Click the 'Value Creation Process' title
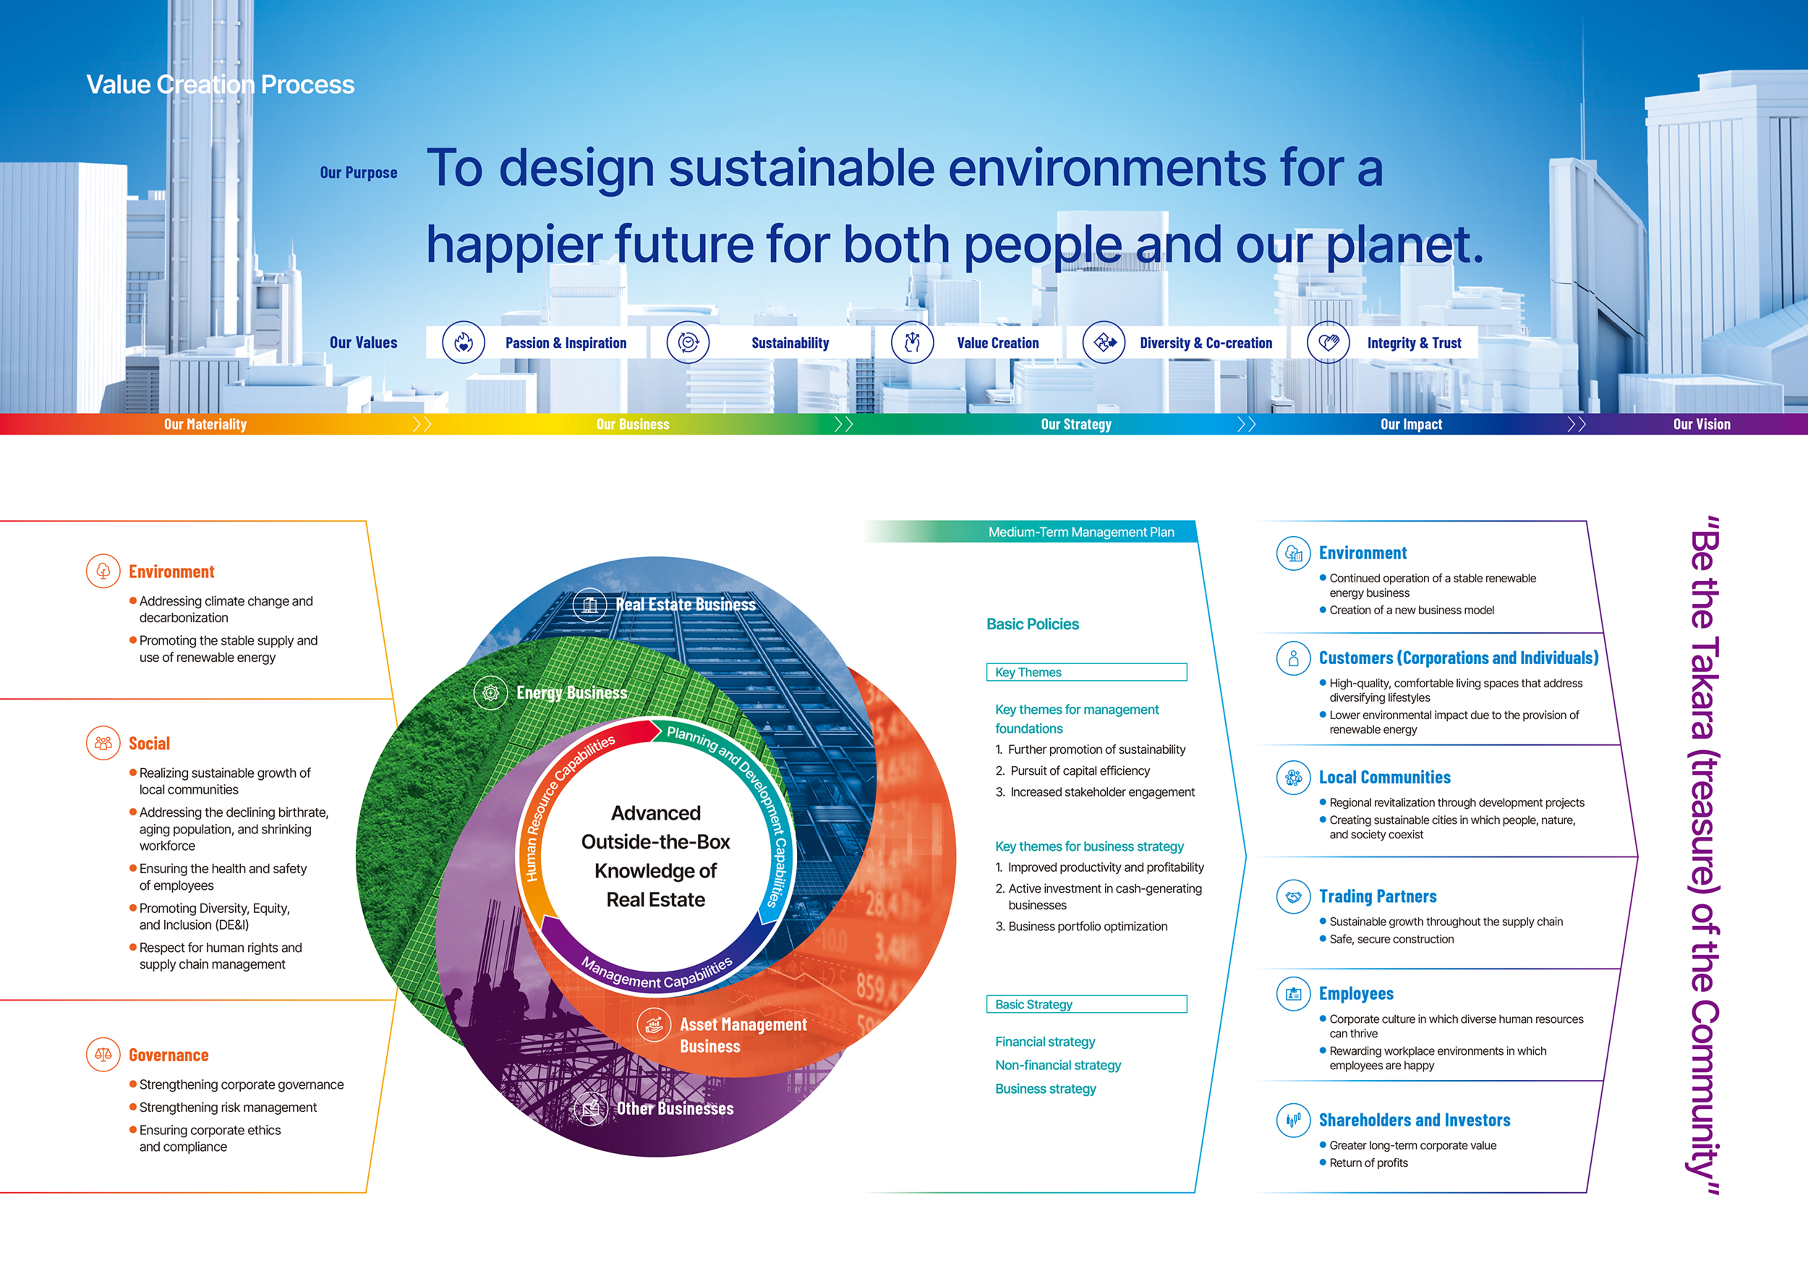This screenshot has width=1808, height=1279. tap(221, 84)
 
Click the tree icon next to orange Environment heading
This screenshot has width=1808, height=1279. tap(103, 571)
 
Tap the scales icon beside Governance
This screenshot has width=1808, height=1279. tap(103, 1055)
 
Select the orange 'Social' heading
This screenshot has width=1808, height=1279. tap(150, 743)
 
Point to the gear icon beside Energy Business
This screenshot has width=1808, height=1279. tap(491, 693)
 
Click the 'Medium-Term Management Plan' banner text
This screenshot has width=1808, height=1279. tap(1081, 532)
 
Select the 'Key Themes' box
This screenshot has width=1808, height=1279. tap(1087, 672)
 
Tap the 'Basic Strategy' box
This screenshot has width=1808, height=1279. tap(1087, 1004)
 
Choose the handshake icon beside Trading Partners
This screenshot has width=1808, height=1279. tap(1293, 896)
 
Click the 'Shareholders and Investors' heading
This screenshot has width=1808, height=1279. tap(1414, 1120)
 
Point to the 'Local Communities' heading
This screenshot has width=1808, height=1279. tap(1384, 777)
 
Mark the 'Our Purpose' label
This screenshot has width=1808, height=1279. tap(358, 172)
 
